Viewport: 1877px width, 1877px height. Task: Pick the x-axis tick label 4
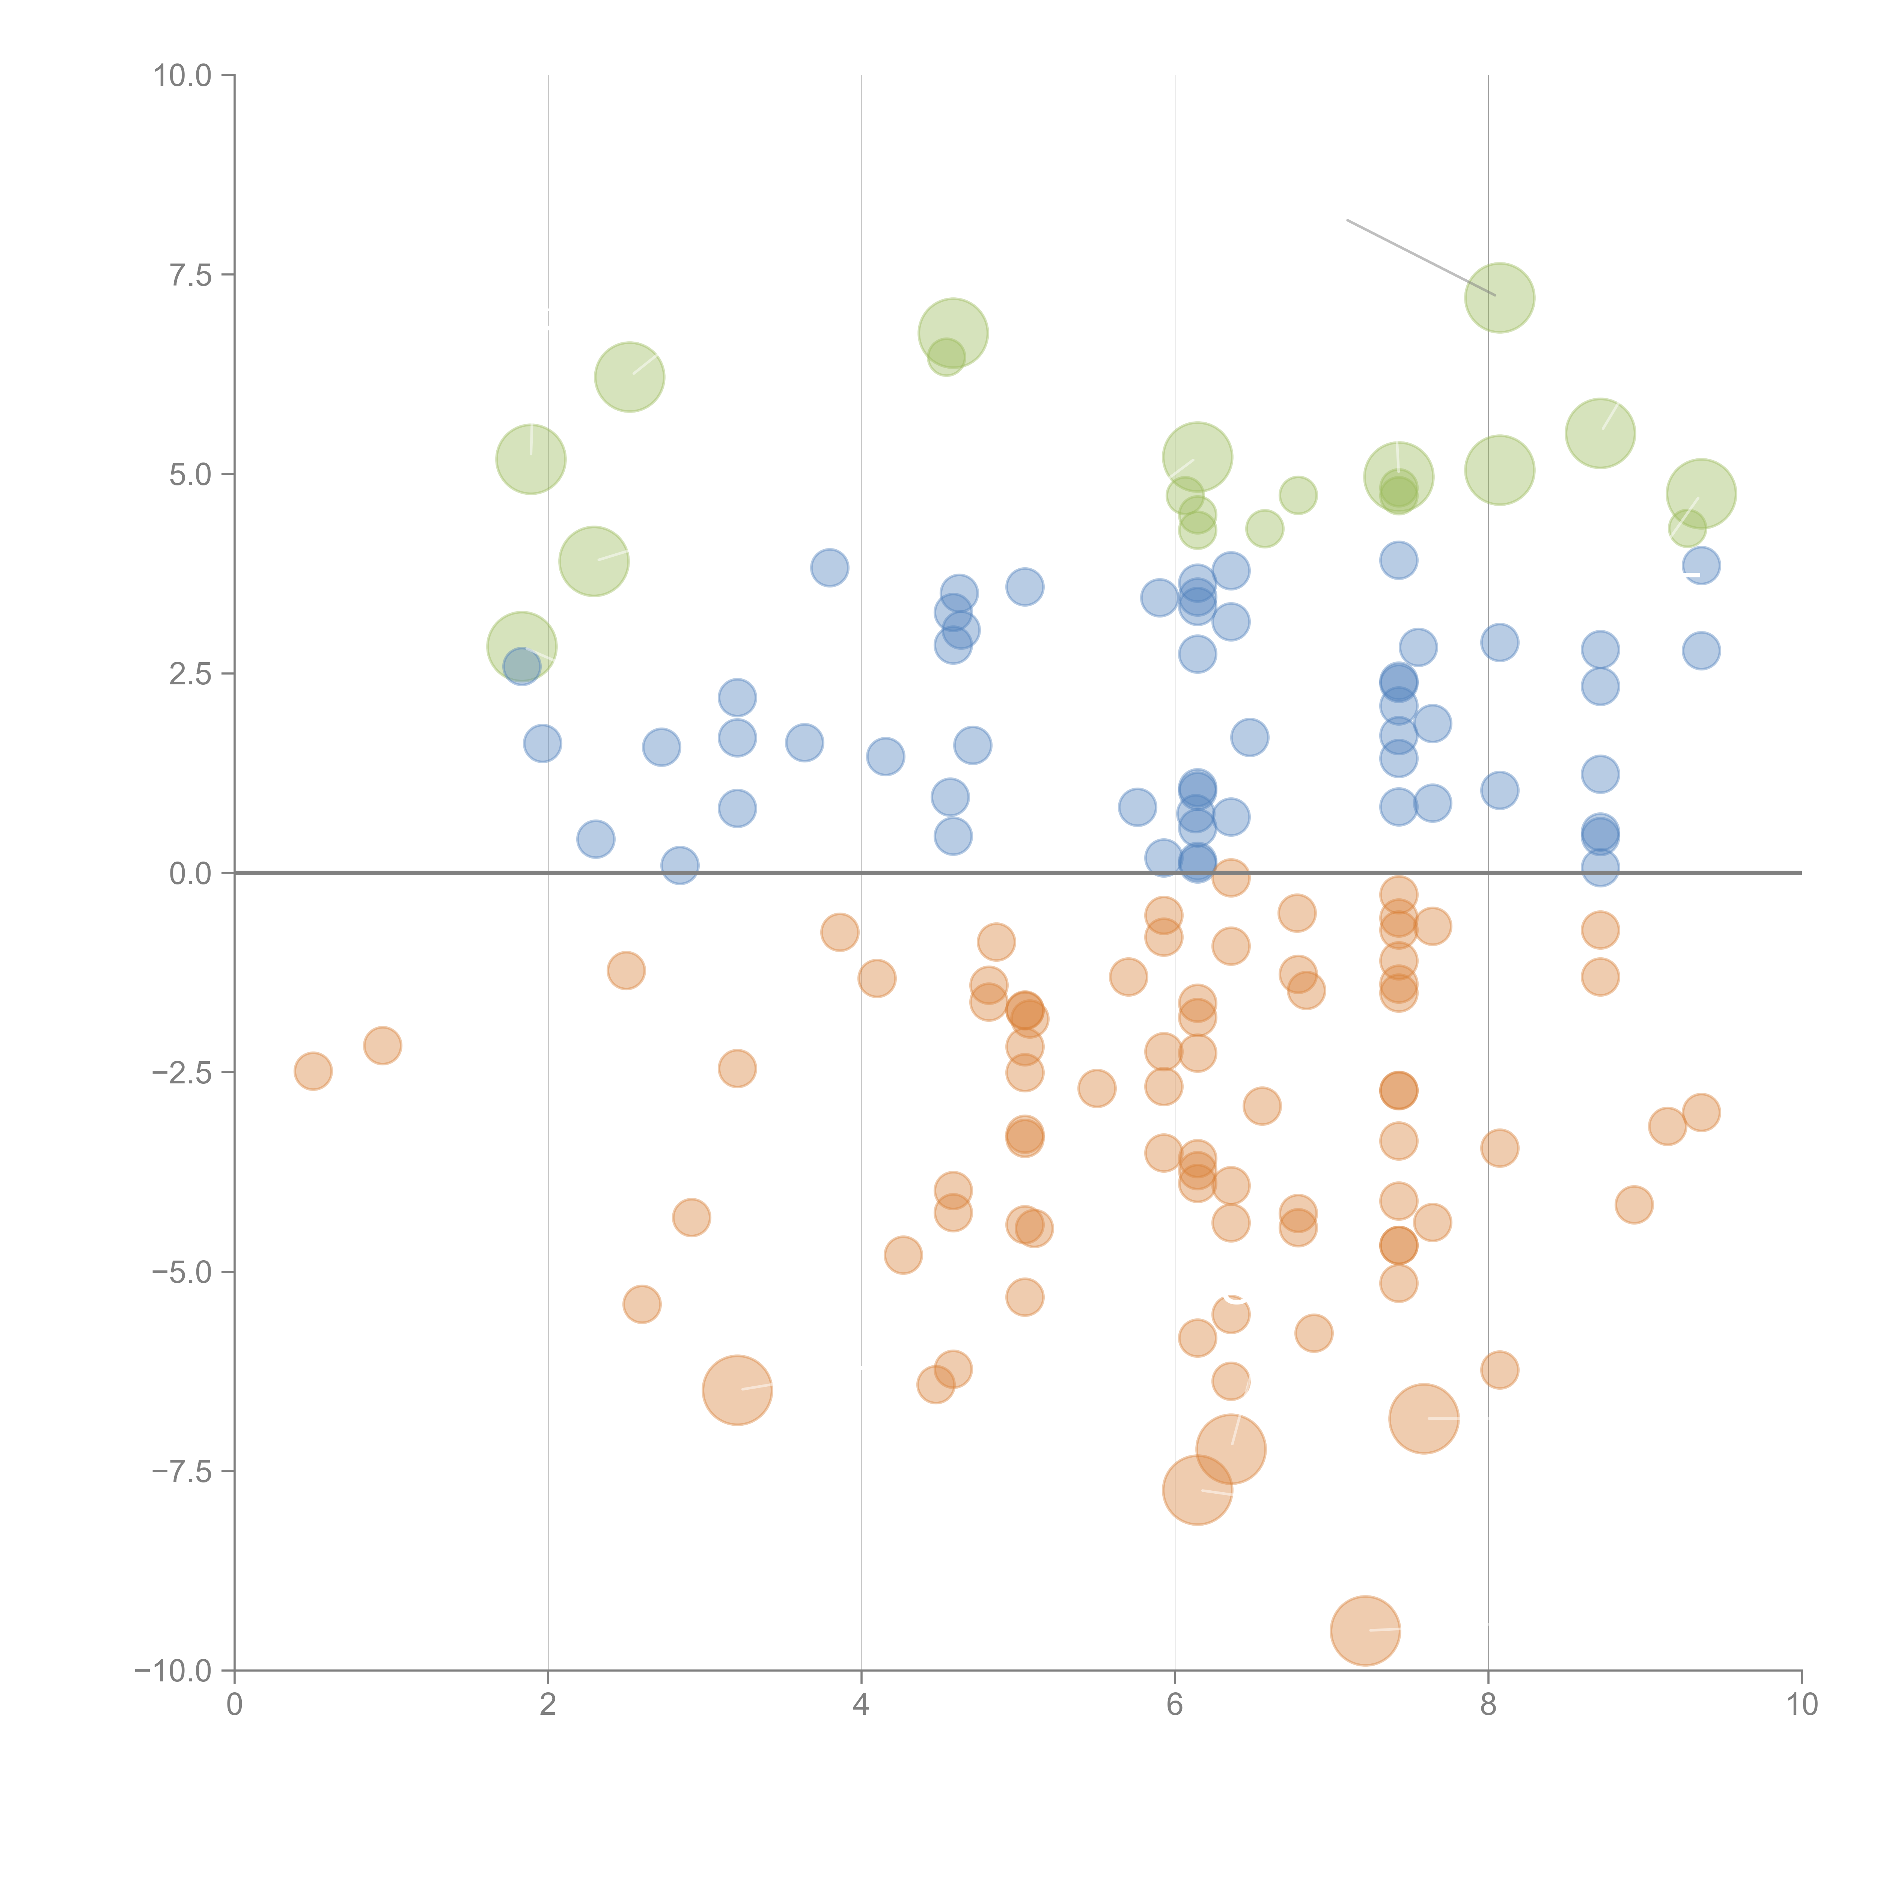861,1705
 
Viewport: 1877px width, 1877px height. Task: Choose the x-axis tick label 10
1801,1705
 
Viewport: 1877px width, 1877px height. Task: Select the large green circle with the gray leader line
1499,297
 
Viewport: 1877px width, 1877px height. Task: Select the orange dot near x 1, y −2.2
383,1045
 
